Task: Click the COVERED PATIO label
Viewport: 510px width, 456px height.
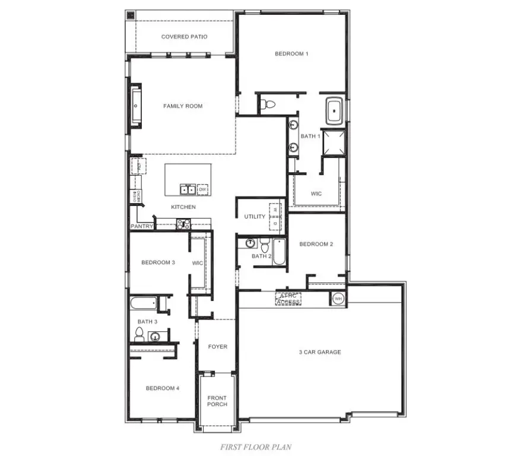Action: pos(184,37)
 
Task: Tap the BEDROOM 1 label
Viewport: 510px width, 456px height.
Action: pos(291,54)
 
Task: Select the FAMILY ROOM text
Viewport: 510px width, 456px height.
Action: pos(183,106)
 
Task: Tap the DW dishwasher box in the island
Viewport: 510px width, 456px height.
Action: pos(203,189)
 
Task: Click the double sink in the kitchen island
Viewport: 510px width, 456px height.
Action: pos(188,189)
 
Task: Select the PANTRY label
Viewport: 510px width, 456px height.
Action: pos(142,226)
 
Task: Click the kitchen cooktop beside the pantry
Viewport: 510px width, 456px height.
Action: pos(183,224)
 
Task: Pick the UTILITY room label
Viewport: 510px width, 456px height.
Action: pos(255,217)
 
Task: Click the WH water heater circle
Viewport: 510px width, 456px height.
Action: pos(338,298)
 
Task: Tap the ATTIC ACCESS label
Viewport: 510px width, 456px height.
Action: pos(289,299)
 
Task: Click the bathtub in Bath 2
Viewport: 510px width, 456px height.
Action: pos(279,252)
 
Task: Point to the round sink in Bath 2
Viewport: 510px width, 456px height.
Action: pos(251,243)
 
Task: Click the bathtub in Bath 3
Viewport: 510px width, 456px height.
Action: pos(143,303)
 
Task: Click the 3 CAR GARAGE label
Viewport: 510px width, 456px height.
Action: pos(319,352)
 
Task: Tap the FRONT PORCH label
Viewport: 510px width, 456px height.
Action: pos(217,401)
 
